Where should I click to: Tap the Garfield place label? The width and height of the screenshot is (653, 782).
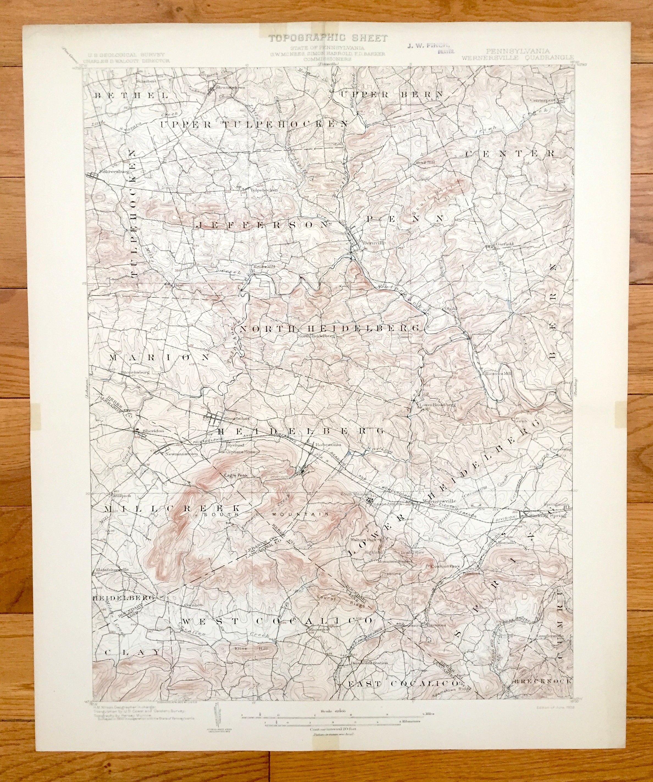(504, 244)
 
